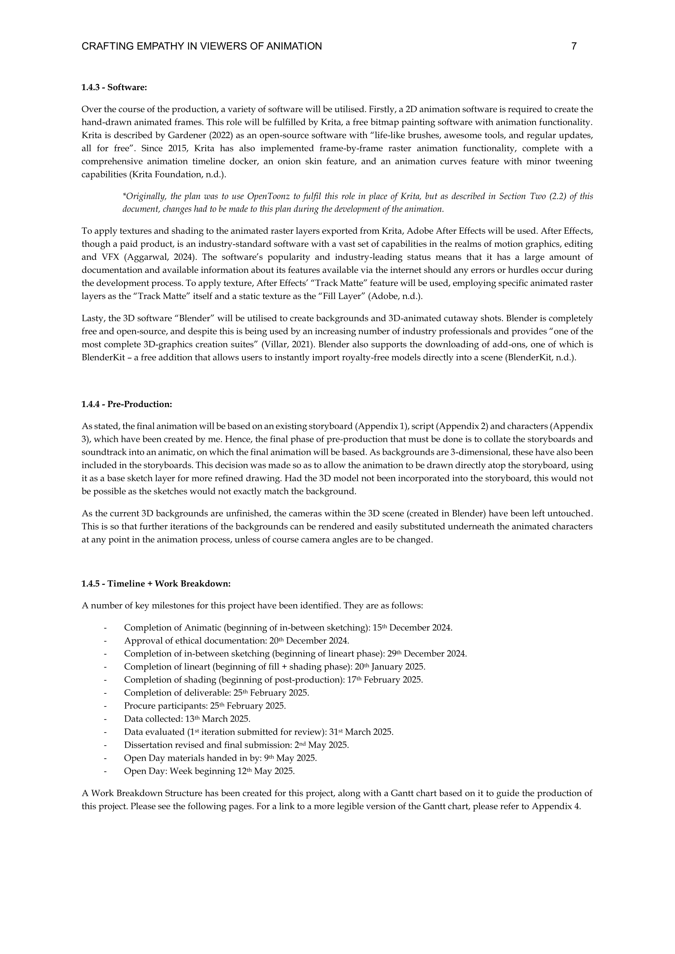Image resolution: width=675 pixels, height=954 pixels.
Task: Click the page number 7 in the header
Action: click(x=574, y=46)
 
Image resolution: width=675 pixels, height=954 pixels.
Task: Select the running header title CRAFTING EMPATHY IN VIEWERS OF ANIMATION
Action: click(x=202, y=46)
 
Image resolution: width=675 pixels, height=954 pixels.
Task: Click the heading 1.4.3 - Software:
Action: click(x=114, y=87)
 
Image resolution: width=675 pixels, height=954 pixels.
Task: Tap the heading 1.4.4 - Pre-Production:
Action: click(x=127, y=404)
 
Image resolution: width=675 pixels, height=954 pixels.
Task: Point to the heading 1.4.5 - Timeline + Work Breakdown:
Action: click(x=156, y=584)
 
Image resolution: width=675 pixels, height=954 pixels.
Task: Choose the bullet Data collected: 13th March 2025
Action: click(x=187, y=719)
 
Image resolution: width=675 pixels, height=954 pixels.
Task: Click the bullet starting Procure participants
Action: click(x=205, y=706)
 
